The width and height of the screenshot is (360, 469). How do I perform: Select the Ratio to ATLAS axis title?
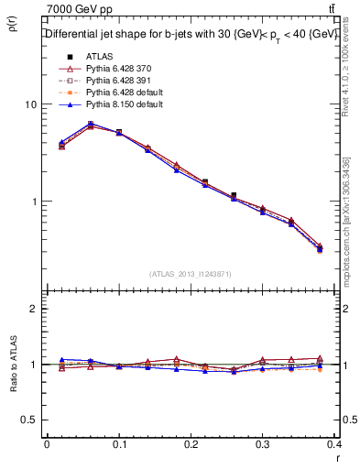click(x=13, y=389)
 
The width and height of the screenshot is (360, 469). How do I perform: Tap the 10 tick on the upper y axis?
click(x=30, y=104)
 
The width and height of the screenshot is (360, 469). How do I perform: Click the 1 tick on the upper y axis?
click(x=33, y=202)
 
